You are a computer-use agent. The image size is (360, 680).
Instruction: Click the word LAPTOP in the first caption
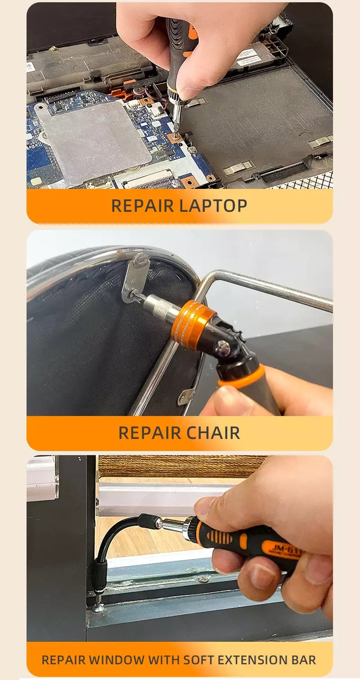coord(213,206)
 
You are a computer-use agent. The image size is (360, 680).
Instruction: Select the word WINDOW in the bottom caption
coord(116,660)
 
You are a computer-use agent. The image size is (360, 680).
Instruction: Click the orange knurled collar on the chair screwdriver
coord(190,322)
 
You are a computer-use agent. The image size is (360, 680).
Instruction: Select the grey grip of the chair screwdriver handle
coord(261,391)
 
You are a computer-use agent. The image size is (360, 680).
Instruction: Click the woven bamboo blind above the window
coord(182,466)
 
